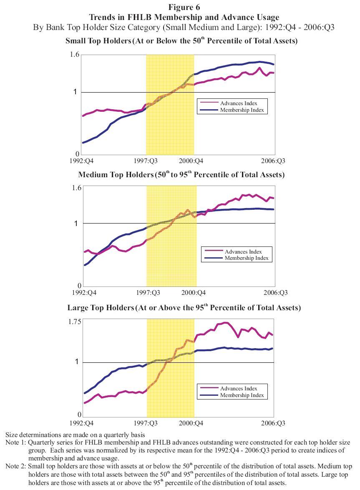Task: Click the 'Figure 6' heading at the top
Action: tap(184, 7)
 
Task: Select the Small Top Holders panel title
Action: tap(181, 41)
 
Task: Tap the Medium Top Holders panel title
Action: tap(181, 175)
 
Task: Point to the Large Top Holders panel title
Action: tap(184, 308)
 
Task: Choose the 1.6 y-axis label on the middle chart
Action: tap(76, 188)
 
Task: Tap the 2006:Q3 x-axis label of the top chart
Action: tap(274, 161)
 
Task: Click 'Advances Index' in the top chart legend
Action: tap(239, 103)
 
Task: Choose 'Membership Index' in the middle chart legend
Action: tap(246, 258)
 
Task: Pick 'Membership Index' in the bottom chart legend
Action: tap(242, 395)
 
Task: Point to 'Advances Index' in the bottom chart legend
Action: tap(239, 388)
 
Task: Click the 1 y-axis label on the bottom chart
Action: tap(77, 362)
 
